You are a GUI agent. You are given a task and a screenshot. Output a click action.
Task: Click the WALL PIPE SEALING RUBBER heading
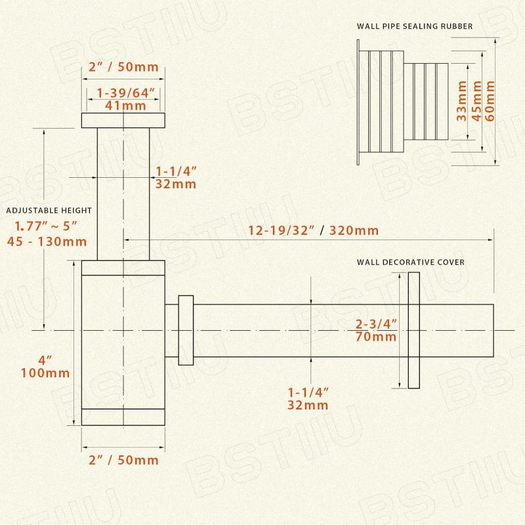415,26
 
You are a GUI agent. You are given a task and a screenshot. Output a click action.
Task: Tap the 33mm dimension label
461,100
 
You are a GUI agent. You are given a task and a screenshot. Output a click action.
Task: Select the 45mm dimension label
476,100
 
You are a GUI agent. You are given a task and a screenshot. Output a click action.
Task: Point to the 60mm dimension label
490,100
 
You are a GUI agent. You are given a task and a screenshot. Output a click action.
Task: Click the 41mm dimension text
125,106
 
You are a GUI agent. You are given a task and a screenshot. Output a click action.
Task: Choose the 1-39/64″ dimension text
126,93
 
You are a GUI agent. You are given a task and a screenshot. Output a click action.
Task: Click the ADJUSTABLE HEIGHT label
49,210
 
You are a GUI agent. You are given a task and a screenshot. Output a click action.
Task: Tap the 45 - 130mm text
47,241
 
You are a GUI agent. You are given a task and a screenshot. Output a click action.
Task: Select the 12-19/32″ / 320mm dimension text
314,230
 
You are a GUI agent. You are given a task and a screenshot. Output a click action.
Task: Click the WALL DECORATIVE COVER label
411,262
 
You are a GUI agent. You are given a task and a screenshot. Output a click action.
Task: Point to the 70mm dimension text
376,337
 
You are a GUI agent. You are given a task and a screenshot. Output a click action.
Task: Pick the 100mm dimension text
45,373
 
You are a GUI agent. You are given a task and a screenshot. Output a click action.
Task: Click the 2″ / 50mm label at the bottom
123,460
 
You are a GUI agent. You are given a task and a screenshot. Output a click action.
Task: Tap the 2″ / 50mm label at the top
123,67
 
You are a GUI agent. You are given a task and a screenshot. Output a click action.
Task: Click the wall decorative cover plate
414,330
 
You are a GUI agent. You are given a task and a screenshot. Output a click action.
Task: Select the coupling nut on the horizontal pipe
186,330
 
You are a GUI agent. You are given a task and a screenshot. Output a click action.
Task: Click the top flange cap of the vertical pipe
123,120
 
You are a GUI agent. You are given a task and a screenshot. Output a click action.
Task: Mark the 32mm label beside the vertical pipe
176,184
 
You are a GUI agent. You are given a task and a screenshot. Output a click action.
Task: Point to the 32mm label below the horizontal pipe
308,405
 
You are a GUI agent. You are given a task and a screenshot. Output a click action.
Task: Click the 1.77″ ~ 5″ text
46,226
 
